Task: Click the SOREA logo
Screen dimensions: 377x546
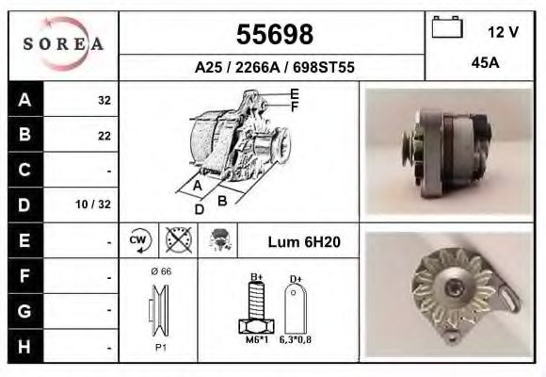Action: point(63,44)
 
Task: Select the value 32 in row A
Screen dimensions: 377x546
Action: point(104,100)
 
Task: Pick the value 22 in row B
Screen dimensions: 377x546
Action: point(104,135)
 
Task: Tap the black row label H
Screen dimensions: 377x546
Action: point(24,346)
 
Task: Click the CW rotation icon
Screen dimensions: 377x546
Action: point(136,241)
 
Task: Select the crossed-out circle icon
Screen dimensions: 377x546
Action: point(177,241)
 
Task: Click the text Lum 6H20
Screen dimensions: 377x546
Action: point(304,242)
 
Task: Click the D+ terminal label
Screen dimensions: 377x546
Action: point(295,278)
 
